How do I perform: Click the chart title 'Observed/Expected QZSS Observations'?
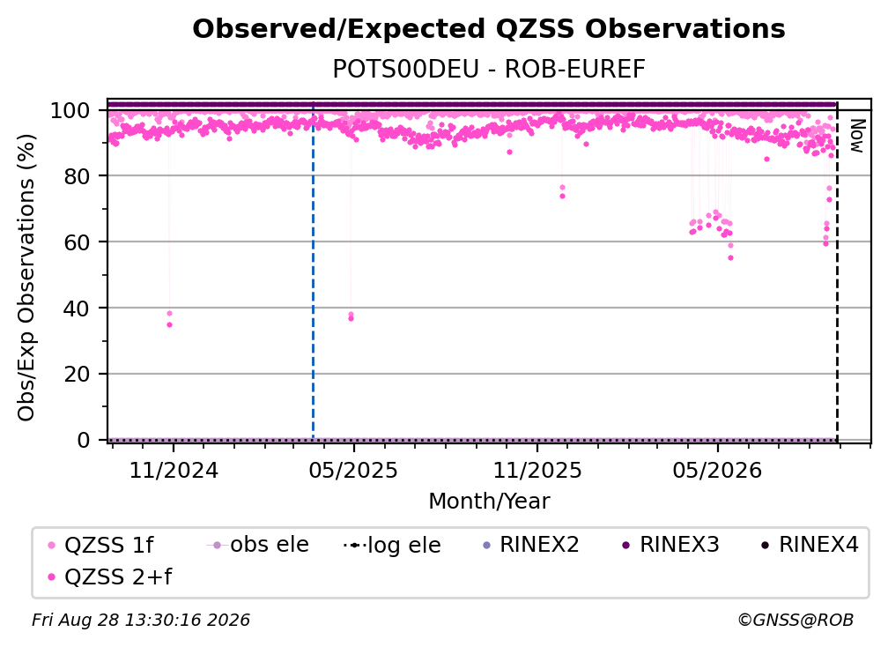point(489,29)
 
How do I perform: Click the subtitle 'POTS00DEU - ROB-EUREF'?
point(489,70)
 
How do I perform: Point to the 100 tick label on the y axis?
point(70,110)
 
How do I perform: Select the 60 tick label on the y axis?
point(77,242)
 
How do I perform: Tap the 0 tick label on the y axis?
point(84,440)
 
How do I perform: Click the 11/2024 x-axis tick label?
point(174,470)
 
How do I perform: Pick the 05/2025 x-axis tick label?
point(353,470)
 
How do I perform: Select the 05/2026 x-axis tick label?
point(717,470)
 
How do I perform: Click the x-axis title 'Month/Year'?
point(489,501)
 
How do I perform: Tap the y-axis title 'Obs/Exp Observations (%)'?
point(26,278)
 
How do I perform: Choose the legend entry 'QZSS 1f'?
point(100,545)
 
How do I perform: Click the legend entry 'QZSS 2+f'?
point(110,576)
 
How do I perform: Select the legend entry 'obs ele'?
point(257,545)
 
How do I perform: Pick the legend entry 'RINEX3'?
point(670,545)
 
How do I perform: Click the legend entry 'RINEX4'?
point(810,545)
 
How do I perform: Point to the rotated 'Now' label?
point(857,136)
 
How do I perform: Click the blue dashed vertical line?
point(314,271)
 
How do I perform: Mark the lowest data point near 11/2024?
point(169,324)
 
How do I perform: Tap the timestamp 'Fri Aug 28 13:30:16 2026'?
point(141,620)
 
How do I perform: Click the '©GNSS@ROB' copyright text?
point(795,620)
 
